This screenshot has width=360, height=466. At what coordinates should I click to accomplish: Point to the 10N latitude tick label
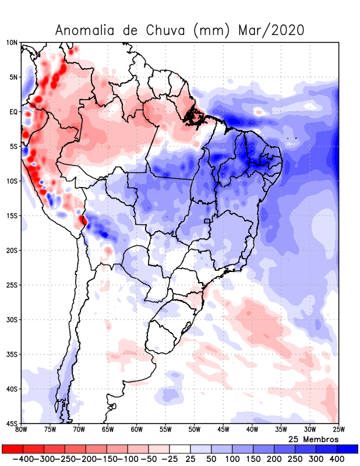pos(12,43)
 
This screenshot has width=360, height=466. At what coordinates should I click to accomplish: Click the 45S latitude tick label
pos(12,423)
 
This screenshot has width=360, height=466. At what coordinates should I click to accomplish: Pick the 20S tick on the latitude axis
pos(12,250)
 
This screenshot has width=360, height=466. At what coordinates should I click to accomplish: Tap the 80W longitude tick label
pos(22,430)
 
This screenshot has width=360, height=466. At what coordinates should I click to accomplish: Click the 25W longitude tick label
pos(338,430)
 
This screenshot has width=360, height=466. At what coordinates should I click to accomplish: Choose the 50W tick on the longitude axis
pos(195,430)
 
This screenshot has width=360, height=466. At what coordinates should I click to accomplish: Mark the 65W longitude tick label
pos(108,430)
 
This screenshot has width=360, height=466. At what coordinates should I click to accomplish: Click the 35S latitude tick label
pos(12,354)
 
